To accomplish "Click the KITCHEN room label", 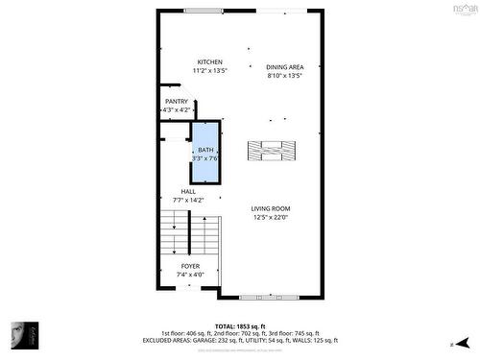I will tap(210, 62).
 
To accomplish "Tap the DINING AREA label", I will tap(284, 66).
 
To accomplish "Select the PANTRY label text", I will tap(177, 102).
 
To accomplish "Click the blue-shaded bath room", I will tap(205, 154).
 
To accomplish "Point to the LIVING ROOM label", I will tap(271, 208).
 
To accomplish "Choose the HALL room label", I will tap(175, 192).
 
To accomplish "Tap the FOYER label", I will tap(190, 265).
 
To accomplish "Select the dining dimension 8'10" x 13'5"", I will tap(284, 75).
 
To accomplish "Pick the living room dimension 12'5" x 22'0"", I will tap(271, 217).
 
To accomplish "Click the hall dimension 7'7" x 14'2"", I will tap(175, 200).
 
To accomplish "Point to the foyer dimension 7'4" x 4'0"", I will tap(190, 274).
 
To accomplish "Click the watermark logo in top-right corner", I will tap(463, 9).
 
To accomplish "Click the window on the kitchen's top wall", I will tap(204, 11).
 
